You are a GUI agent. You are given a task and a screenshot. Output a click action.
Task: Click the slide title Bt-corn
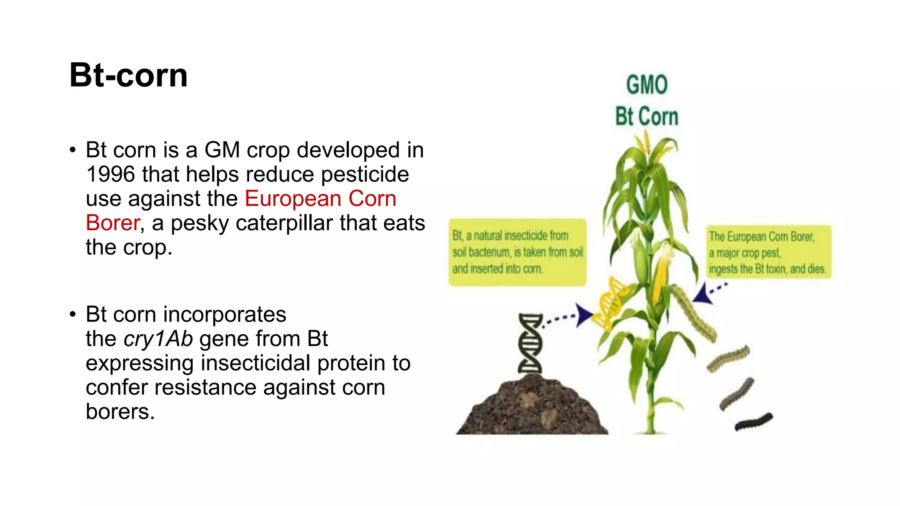[128, 75]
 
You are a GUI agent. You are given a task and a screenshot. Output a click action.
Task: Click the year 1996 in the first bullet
[110, 174]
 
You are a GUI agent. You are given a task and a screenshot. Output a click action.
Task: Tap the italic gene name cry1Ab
[158, 339]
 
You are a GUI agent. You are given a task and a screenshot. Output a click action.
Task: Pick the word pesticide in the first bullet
[365, 174]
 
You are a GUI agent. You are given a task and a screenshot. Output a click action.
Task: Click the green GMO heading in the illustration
[646, 85]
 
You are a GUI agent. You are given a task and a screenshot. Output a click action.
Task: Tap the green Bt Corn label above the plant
[646, 116]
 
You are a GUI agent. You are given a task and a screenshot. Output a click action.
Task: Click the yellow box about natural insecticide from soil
[517, 252]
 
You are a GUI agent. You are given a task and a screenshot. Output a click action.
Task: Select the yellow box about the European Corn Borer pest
[768, 252]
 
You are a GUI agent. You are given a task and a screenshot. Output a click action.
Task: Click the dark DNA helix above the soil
[530, 343]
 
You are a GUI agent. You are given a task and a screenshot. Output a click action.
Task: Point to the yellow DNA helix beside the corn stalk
[610, 304]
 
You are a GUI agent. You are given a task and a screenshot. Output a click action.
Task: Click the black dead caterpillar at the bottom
[753, 422]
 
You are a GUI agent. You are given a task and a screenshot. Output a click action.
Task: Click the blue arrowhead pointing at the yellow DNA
[584, 315]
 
